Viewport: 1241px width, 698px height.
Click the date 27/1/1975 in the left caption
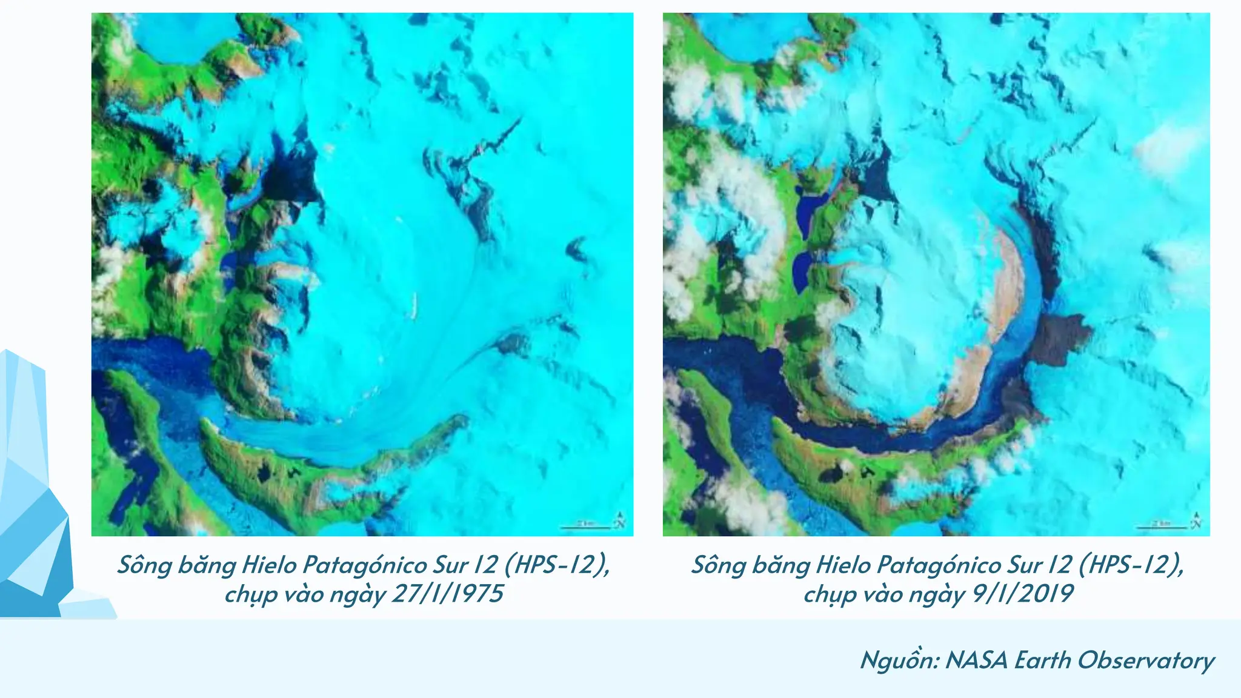click(x=448, y=594)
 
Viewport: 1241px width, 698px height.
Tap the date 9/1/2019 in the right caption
click(x=1023, y=594)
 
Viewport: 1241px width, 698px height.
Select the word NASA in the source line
click(x=977, y=660)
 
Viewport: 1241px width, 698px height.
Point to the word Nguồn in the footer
click(x=899, y=660)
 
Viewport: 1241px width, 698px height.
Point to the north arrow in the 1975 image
click(x=620, y=520)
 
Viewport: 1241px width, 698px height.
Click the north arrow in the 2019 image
click(x=1196, y=520)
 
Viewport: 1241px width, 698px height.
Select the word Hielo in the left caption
click(x=268, y=565)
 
